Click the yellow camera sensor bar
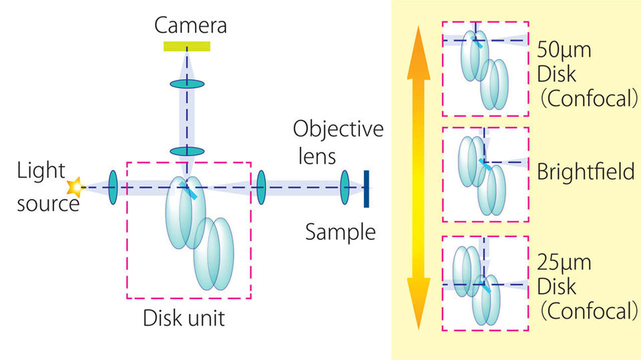click(x=187, y=47)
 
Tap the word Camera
click(x=191, y=25)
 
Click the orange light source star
click(x=75, y=187)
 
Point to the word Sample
click(x=340, y=232)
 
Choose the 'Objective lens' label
click(x=338, y=143)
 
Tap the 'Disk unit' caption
click(x=184, y=318)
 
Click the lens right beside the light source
click(x=113, y=187)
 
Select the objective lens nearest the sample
click(x=345, y=188)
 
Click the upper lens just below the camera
click(x=187, y=84)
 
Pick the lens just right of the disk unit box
click(x=261, y=188)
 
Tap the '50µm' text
click(x=564, y=50)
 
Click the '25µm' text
click(x=564, y=263)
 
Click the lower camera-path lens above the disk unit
click(x=187, y=151)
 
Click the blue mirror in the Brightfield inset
click(x=484, y=165)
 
